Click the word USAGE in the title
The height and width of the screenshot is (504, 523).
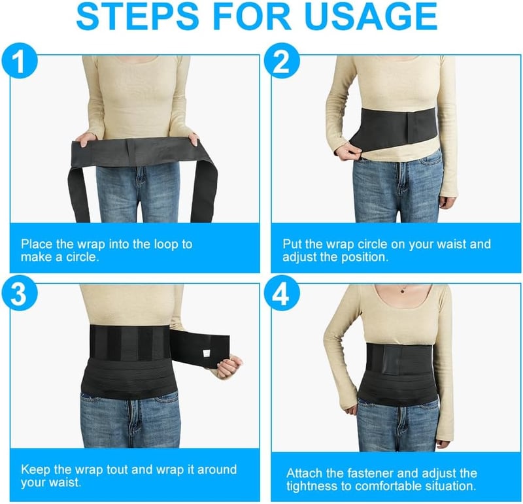point(370,16)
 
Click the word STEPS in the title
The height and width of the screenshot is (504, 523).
point(137,16)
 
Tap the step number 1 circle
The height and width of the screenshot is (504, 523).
point(20,60)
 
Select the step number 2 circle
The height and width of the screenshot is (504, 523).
point(282,60)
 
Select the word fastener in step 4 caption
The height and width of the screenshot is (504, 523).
point(371,473)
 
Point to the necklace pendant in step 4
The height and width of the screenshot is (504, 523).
point(403,290)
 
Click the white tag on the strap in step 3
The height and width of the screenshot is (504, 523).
point(207,353)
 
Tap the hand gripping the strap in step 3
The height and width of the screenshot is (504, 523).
point(229,366)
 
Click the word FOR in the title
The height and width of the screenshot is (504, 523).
point(252,16)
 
